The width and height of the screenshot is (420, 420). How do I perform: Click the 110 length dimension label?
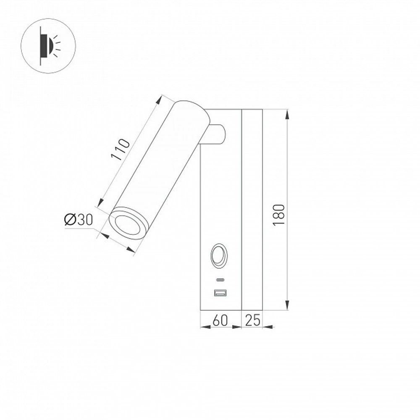click(x=120, y=149)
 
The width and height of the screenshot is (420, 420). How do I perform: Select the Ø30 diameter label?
click(x=78, y=219)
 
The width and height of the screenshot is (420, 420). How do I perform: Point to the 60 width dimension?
click(x=220, y=320)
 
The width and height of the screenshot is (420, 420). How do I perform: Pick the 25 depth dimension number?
click(x=252, y=320)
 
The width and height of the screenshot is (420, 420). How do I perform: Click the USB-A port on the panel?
click(x=220, y=293)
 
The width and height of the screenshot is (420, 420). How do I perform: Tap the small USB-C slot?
click(x=220, y=280)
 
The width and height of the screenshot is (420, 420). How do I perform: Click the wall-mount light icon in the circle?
click(x=48, y=46)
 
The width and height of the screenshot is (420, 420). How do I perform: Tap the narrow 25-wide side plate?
click(x=252, y=210)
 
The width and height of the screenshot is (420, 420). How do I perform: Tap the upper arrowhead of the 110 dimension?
click(x=160, y=99)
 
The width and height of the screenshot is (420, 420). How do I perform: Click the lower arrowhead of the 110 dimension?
click(x=100, y=204)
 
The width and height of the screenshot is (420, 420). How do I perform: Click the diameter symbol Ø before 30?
click(x=70, y=219)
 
